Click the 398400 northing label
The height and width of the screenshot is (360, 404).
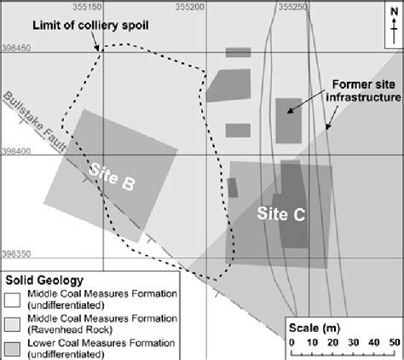coord(17,152)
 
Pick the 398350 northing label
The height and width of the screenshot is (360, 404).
coord(17,253)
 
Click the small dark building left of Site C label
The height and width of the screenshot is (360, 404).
coord(232,188)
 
